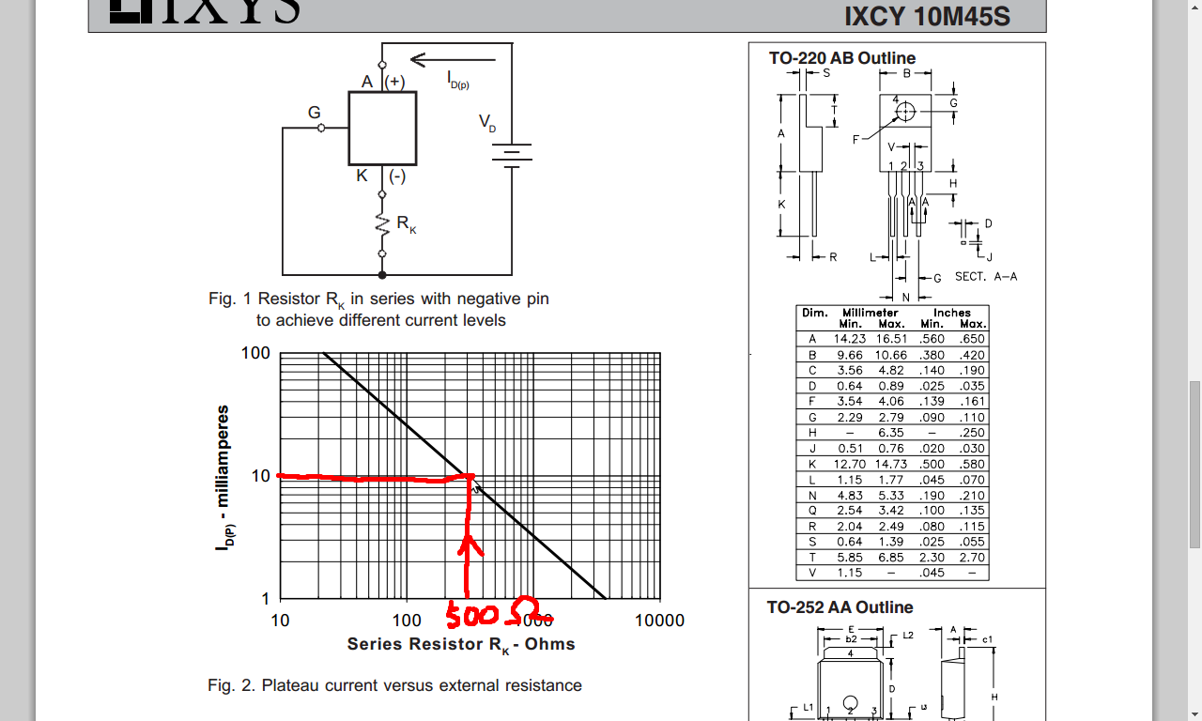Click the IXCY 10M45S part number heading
point(927,17)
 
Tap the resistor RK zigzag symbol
point(382,225)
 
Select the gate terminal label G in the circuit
point(315,113)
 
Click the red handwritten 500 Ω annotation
point(498,616)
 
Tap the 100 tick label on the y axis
point(255,354)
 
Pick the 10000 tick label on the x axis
point(659,621)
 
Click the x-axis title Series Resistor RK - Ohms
point(460,644)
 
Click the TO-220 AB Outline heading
point(842,58)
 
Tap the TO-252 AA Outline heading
point(840,607)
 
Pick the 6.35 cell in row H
point(890,433)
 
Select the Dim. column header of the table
point(813,313)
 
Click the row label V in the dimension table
point(812,573)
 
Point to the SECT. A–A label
point(986,277)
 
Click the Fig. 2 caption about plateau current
point(394,685)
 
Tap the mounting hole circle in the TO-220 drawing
point(905,113)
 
